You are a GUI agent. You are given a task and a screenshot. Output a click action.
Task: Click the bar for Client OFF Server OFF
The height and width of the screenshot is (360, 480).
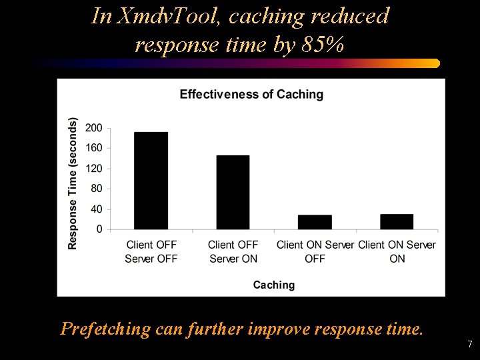(151, 181)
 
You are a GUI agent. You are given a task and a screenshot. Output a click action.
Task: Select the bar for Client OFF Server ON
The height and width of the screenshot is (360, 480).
(233, 193)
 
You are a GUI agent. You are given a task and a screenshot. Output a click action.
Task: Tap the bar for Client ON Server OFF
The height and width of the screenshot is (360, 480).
(315, 222)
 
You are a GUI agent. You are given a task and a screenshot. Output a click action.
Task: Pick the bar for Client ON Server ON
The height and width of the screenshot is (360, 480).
(397, 221)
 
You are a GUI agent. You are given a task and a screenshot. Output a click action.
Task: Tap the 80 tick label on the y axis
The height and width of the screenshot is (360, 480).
(97, 189)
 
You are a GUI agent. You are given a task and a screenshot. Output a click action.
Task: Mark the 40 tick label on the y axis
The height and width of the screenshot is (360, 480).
(97, 209)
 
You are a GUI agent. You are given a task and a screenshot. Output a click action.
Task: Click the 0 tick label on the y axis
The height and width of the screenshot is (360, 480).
(99, 229)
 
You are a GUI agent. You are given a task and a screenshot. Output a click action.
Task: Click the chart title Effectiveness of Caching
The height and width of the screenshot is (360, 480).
(251, 95)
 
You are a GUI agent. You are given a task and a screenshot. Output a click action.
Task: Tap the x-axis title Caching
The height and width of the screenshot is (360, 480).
(273, 285)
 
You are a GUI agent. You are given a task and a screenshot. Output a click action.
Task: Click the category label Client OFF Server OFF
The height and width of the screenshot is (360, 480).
(151, 251)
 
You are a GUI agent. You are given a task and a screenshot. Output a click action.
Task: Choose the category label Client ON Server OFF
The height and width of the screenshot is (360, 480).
(315, 251)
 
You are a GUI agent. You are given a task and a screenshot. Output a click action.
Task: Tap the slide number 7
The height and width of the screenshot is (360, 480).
(470, 345)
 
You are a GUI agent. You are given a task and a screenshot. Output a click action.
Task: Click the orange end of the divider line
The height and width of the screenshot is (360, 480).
(435, 63)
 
